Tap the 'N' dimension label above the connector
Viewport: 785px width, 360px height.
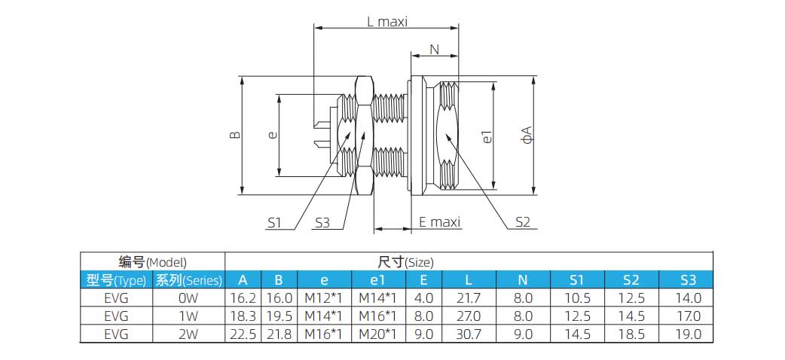pyautogui.click(x=434, y=50)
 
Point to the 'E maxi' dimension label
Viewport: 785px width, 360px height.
pyautogui.click(x=439, y=222)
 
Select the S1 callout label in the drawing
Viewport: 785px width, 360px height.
pyautogui.click(x=274, y=222)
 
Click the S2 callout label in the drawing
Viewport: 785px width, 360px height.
pyautogui.click(x=523, y=222)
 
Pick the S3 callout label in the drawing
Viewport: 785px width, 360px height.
pyautogui.click(x=322, y=222)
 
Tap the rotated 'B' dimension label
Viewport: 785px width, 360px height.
pyautogui.click(x=235, y=135)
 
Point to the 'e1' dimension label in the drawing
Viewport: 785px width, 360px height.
pyautogui.click(x=487, y=136)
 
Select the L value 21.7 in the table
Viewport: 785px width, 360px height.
pyautogui.click(x=469, y=298)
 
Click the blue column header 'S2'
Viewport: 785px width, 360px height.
pyautogui.click(x=631, y=280)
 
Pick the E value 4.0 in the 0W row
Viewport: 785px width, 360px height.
pyautogui.click(x=424, y=298)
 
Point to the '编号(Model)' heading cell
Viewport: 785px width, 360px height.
pyautogui.click(x=153, y=262)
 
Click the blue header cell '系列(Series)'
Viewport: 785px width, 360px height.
pyautogui.click(x=188, y=280)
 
